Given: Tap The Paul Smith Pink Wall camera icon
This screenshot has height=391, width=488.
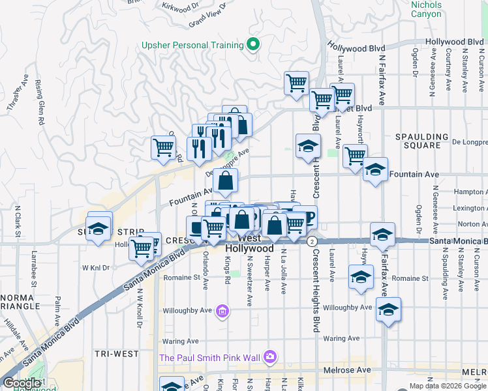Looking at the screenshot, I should [x=269, y=357].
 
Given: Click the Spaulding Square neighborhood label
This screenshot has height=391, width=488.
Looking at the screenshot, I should [x=422, y=141].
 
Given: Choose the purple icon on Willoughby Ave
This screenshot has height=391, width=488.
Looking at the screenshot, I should [x=222, y=311].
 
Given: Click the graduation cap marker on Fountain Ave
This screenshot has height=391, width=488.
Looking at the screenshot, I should [x=375, y=171].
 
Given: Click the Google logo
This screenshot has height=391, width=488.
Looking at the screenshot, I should [x=22, y=383].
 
